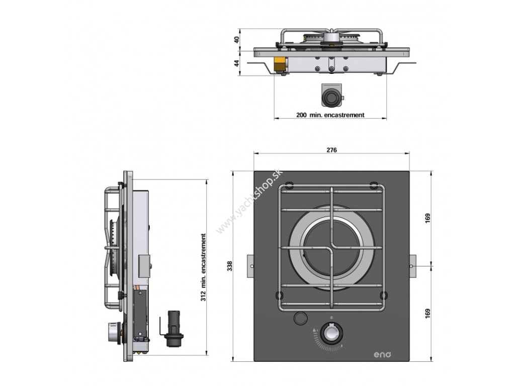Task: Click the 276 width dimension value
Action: (x=331, y=150)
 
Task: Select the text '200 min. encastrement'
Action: (x=330, y=115)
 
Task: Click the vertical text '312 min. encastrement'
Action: (x=203, y=267)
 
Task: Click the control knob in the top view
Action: (x=331, y=334)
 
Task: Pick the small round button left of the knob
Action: (x=301, y=318)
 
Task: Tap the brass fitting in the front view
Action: (x=279, y=63)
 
